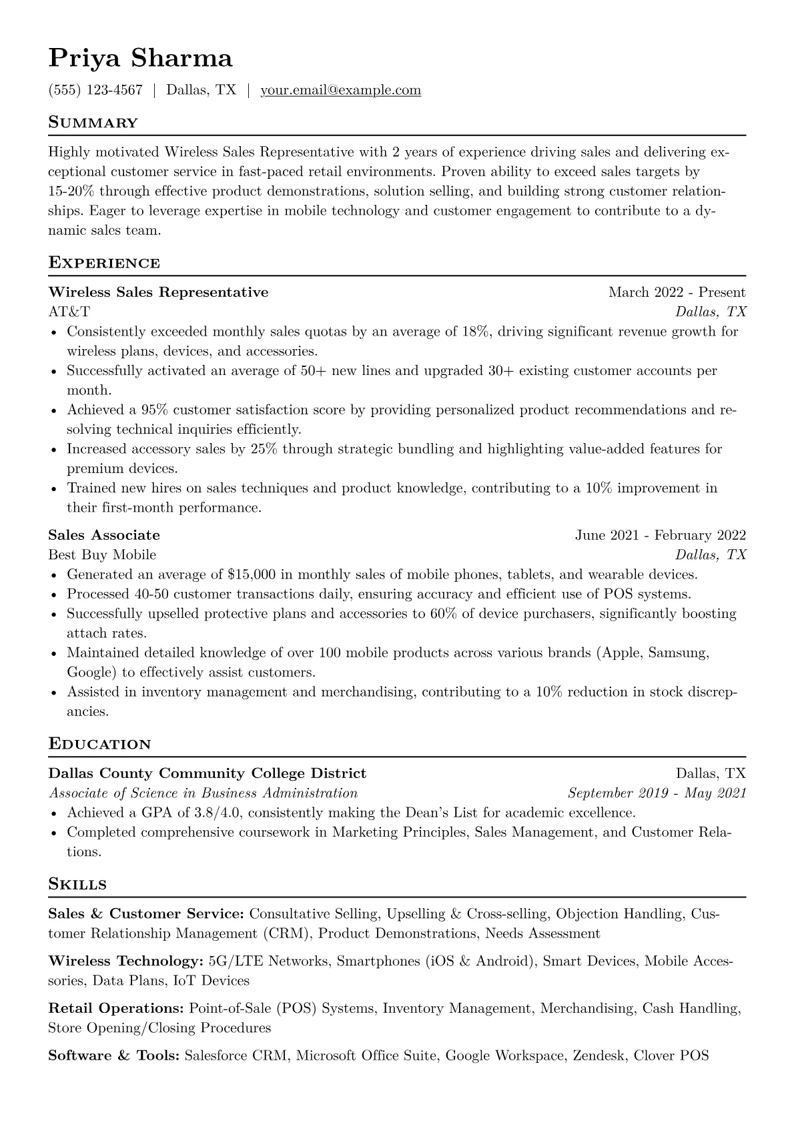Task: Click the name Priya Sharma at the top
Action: pos(140,59)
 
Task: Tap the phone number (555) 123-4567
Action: pos(95,90)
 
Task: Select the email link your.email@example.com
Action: pos(340,90)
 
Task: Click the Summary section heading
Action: pos(93,123)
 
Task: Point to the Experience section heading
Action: pos(104,263)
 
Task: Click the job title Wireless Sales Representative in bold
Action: pos(158,292)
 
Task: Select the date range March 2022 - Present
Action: pos(677,292)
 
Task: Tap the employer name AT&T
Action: pos(69,312)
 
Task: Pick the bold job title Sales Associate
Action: pos(104,535)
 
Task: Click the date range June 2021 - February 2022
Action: pos(660,535)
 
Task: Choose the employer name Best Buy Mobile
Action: pos(102,554)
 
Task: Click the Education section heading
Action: pos(99,744)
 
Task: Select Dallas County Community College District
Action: pos(208,773)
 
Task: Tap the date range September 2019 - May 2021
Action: pos(657,793)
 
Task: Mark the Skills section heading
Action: pos(77,885)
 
